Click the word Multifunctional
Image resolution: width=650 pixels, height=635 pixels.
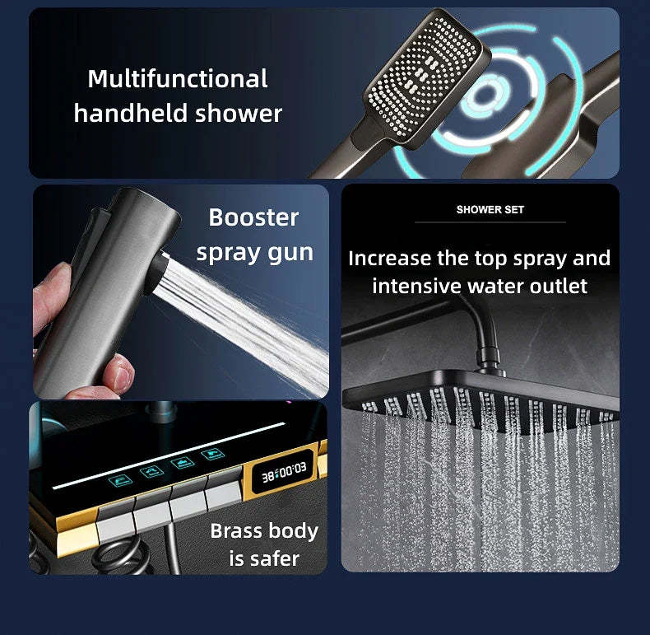(x=177, y=79)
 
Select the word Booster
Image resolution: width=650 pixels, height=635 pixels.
(x=253, y=217)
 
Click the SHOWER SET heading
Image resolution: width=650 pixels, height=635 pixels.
(x=490, y=210)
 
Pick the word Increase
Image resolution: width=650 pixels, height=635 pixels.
(x=389, y=258)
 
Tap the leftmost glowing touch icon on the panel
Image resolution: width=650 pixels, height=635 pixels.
(x=124, y=479)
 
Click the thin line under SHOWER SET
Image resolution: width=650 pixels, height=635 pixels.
(x=490, y=222)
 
